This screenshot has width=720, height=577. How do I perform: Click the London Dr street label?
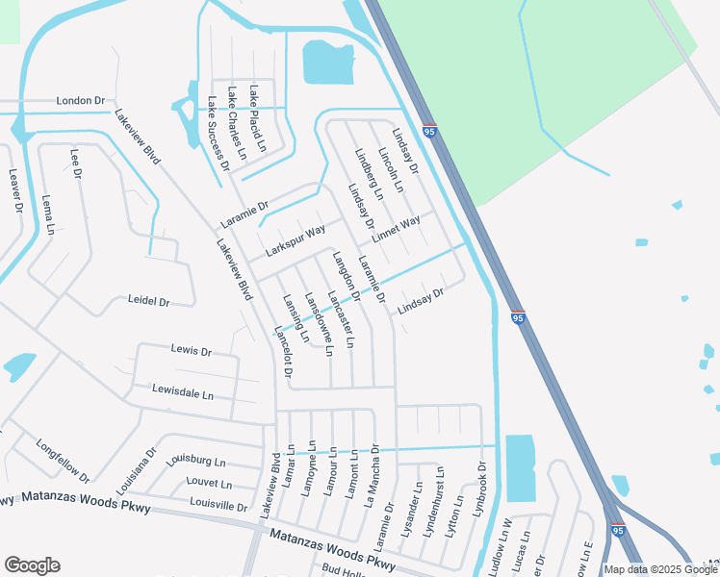(x=80, y=100)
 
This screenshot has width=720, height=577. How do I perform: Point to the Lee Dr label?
(x=76, y=163)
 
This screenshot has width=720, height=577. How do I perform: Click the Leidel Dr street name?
(x=148, y=301)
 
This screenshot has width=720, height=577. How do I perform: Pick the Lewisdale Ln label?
(x=183, y=392)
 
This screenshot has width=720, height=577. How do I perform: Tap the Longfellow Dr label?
(x=63, y=461)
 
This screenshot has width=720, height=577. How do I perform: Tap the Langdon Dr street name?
(x=347, y=277)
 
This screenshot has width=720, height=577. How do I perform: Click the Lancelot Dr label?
(x=282, y=350)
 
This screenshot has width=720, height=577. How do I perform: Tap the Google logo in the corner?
(x=32, y=565)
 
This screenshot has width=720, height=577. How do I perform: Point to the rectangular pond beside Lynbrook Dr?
(x=520, y=467)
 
